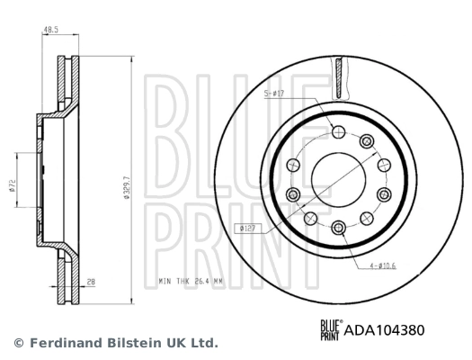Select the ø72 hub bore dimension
[13, 184]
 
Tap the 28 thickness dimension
[92, 282]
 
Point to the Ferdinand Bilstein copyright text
[116, 343]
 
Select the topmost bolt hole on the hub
[338, 132]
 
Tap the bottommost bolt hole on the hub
[338, 227]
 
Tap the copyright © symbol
[19, 343]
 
